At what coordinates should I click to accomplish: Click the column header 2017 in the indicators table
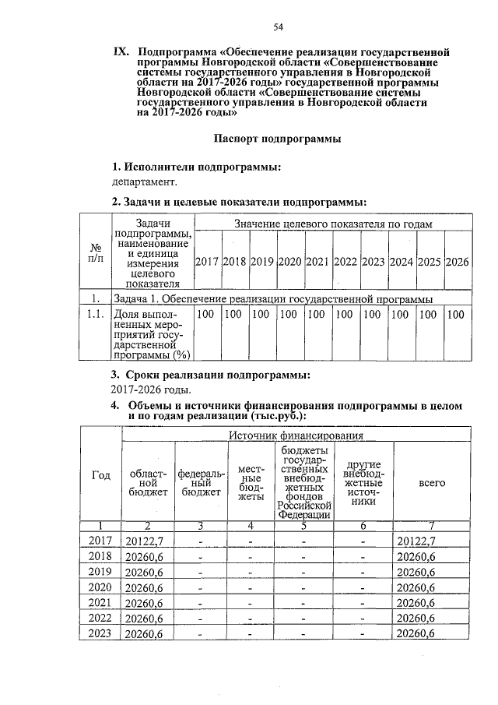(x=206, y=262)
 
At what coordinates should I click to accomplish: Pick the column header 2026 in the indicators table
(x=458, y=262)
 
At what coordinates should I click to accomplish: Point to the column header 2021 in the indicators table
(x=318, y=262)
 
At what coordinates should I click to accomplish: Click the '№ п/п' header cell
(x=96, y=252)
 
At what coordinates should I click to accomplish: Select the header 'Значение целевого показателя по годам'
(x=333, y=224)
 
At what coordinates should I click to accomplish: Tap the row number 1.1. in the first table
(x=96, y=314)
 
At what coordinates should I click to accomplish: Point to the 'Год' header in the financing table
(x=101, y=476)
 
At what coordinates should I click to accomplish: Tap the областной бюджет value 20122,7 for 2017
(x=144, y=541)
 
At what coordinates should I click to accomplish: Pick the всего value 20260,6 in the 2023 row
(x=419, y=634)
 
